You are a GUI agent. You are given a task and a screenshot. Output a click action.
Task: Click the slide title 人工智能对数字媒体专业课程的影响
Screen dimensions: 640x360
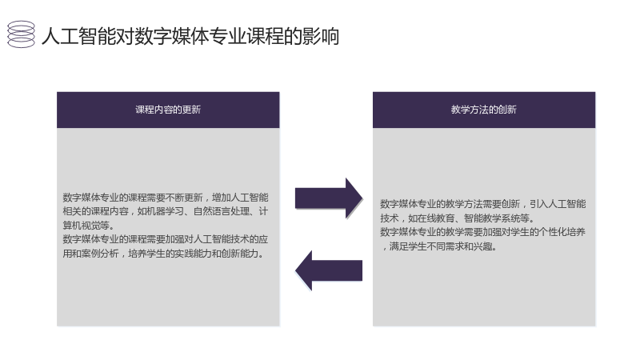pos(190,36)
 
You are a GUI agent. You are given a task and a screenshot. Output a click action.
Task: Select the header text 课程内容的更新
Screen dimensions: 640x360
pos(168,110)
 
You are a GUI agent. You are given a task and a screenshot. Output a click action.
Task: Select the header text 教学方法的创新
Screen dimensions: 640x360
pos(484,110)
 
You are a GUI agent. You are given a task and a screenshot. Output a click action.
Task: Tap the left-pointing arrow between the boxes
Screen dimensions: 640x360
pos(329,270)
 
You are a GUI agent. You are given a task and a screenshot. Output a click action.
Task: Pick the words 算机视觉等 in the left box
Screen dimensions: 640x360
pos(86,226)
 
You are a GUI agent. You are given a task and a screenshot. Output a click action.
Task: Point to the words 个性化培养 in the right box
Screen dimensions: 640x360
pos(562,232)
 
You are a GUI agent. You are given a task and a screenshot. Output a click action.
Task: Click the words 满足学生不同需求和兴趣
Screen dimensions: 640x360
pos(441,246)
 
